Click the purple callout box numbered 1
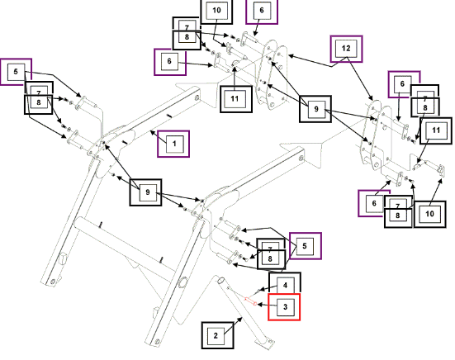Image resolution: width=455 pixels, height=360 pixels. tap(173, 144)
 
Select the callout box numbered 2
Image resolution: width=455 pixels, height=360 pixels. tap(218, 335)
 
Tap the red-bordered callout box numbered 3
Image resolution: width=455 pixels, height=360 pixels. tap(284, 307)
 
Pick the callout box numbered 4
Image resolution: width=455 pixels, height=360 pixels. tap(285, 283)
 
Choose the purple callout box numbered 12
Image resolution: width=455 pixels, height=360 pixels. tap(346, 49)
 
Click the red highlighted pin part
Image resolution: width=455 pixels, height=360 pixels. tap(251, 301)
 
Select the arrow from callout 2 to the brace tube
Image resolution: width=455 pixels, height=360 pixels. tap(233, 326)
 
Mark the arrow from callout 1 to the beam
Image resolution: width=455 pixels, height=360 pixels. tap(159, 137)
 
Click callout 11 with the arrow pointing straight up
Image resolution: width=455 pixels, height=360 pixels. tap(236, 99)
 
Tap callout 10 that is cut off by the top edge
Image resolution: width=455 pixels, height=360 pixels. tap(216, 11)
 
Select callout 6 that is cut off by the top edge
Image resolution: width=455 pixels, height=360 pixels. tap(262, 11)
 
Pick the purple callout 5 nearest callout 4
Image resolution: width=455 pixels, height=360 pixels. tap(306, 246)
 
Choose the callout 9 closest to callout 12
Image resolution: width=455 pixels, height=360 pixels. tap(315, 109)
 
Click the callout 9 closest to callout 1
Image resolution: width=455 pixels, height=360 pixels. tap(145, 192)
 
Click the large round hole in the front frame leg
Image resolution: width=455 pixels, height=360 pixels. tap(183, 282)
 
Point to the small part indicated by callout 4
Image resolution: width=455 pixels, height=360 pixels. tap(258, 291)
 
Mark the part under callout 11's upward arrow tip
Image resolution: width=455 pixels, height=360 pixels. tap(235, 64)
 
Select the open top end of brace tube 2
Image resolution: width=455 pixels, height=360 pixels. tap(220, 281)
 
